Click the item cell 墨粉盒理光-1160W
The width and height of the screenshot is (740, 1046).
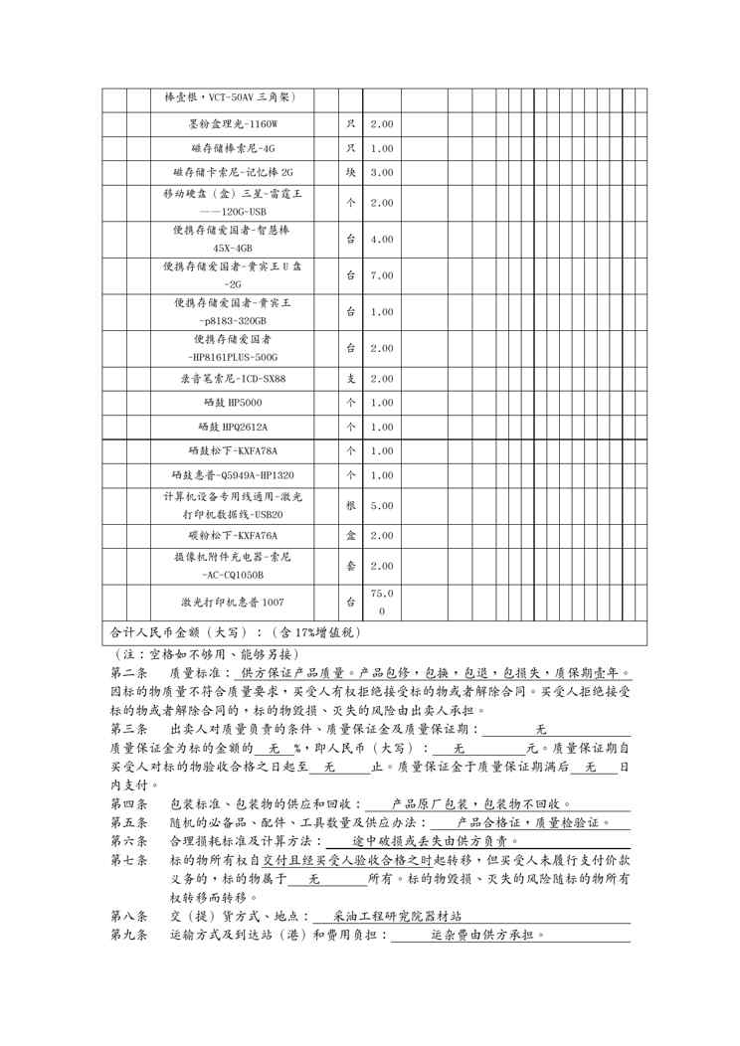click(234, 124)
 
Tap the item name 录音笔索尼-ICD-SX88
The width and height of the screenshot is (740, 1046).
click(234, 379)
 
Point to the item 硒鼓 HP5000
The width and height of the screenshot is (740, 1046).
click(234, 403)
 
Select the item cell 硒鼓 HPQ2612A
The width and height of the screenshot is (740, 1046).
click(234, 427)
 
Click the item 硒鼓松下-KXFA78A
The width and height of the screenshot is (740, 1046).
click(234, 450)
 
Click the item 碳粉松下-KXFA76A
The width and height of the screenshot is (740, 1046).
click(234, 535)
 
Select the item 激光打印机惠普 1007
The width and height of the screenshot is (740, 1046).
click(234, 602)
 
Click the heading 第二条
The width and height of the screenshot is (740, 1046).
click(128, 673)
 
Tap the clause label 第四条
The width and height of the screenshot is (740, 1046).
click(128, 803)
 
